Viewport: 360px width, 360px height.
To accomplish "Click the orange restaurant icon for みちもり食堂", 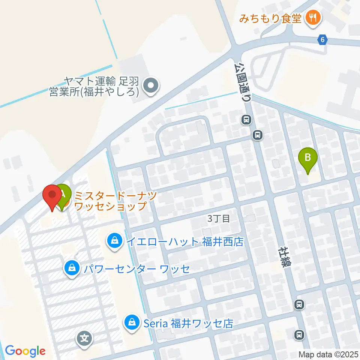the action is coord(312,17).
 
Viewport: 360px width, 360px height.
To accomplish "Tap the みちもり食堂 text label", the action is coord(271,17).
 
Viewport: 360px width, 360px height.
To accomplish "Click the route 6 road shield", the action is coord(323,39).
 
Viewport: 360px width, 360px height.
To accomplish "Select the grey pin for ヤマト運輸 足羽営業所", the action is coord(151,85).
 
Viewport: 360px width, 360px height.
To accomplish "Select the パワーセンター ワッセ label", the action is coord(136,269).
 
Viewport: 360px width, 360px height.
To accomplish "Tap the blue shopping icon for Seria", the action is coord(132,322).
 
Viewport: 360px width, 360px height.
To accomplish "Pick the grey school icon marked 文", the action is coord(85,339).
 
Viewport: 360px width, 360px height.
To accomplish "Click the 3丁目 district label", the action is coord(219,219).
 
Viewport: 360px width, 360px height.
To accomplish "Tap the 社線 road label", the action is coord(285,257).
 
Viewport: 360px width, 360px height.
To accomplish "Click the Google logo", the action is coord(25,351).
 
